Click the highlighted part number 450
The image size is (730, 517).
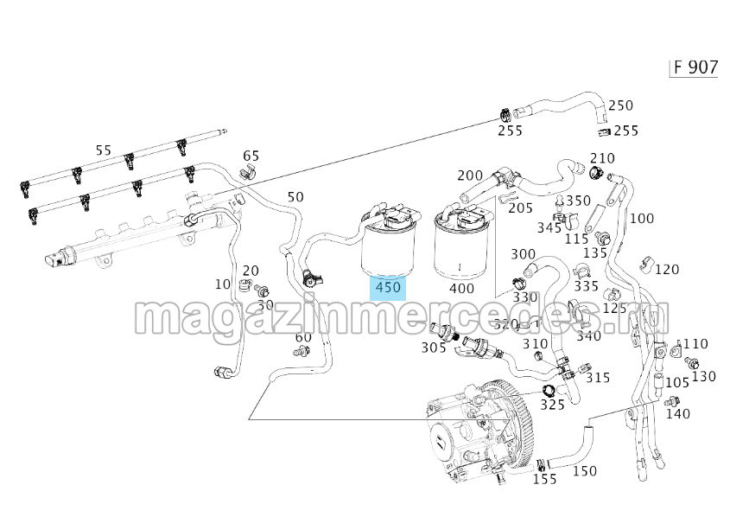[388, 287]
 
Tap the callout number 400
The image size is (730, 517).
[461, 287]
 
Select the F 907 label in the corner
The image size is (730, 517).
[695, 67]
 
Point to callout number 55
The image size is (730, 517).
[104, 150]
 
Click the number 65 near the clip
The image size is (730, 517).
[251, 156]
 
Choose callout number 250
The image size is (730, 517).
[620, 105]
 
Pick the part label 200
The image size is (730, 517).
[470, 176]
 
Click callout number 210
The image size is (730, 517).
[601, 158]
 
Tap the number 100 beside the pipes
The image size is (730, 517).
[641, 218]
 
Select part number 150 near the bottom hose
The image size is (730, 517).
[585, 471]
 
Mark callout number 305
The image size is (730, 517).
[434, 348]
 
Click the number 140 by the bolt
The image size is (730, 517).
[678, 414]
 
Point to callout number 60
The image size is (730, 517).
[303, 337]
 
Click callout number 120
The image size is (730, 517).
[667, 269]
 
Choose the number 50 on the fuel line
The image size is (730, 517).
[295, 197]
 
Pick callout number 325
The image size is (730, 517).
[552, 404]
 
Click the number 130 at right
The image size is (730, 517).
[704, 376]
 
